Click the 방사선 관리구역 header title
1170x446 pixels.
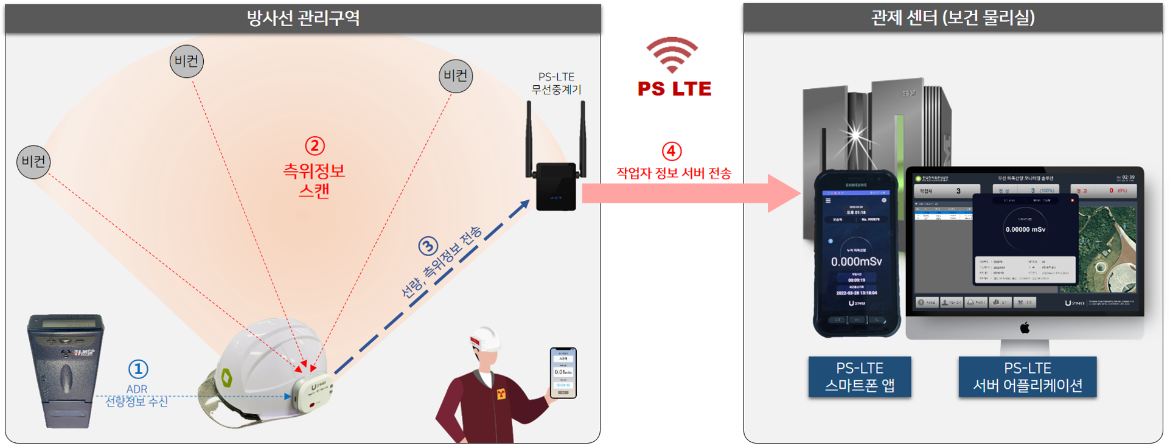click(x=302, y=18)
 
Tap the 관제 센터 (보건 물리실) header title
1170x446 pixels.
click(x=953, y=18)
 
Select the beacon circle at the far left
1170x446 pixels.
click(x=33, y=162)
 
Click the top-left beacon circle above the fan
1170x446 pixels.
click(x=186, y=61)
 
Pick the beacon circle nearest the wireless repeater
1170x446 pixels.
click(x=455, y=76)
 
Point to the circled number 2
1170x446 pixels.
click(x=315, y=146)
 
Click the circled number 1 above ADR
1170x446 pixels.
click(x=138, y=369)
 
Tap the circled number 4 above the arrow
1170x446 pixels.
click(x=671, y=151)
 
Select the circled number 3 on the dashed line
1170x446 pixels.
click(x=428, y=246)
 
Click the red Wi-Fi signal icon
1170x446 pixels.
click(x=672, y=54)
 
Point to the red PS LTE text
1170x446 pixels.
click(x=674, y=89)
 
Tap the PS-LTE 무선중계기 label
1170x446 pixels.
click(x=556, y=83)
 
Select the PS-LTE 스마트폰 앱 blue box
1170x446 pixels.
click(x=859, y=377)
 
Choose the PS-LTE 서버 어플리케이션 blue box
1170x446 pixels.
click(x=1027, y=377)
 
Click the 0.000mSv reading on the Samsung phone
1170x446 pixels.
click(x=856, y=262)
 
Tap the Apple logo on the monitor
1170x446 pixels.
click(x=1025, y=329)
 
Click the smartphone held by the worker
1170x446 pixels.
click(x=563, y=372)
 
